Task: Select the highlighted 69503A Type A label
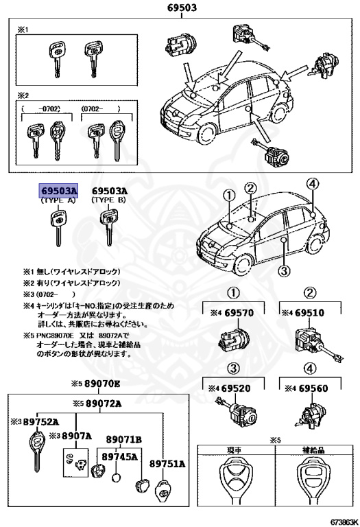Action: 58,191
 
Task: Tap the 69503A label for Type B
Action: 110,191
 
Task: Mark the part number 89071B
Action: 123,438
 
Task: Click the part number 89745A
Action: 119,456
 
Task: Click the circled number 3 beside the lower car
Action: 283,270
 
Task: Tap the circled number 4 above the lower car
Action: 312,184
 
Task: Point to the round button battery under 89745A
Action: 117,478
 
